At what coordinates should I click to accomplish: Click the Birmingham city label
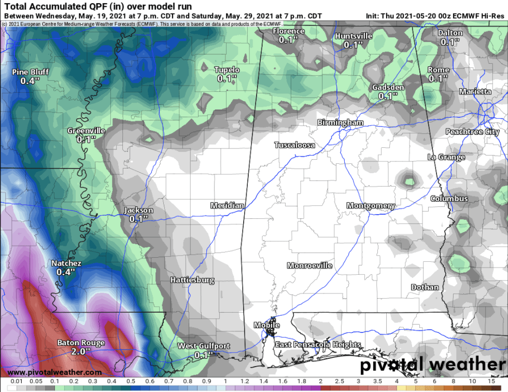click(x=340, y=123)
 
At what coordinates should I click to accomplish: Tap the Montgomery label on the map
click(x=371, y=206)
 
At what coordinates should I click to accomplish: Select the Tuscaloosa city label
click(x=294, y=145)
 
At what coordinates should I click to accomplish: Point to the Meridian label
click(x=227, y=206)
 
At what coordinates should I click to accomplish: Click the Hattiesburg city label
click(x=192, y=280)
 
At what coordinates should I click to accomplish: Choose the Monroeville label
click(x=309, y=265)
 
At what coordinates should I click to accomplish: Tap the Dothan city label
click(x=425, y=287)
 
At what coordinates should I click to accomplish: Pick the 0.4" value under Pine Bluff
click(x=30, y=81)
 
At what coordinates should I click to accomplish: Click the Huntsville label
click(x=354, y=36)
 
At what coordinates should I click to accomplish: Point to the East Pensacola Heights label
click(x=318, y=345)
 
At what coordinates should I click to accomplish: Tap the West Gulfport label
click(x=204, y=346)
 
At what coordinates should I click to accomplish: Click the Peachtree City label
click(x=472, y=132)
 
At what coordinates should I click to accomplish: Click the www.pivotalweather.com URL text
click(x=54, y=372)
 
